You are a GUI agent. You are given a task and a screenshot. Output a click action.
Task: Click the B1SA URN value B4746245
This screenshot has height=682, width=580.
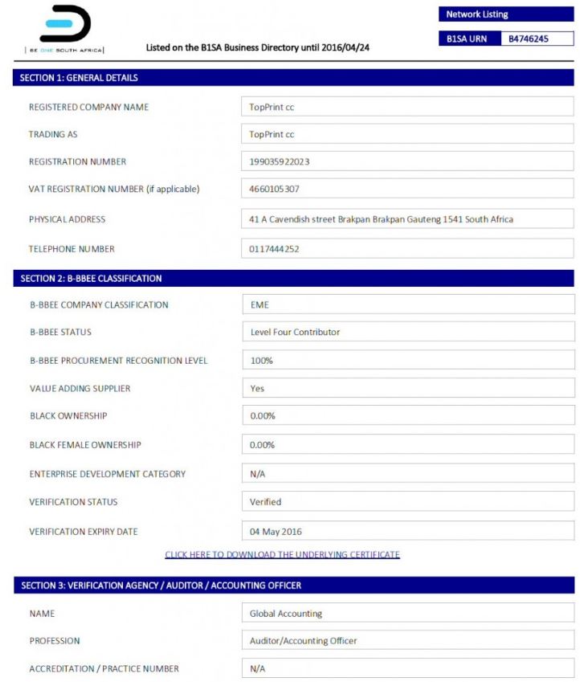tap(529, 39)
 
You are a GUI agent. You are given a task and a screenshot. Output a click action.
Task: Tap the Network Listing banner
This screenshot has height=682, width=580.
tap(506, 14)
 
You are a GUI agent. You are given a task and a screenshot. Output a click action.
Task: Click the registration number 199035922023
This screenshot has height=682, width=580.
tap(280, 161)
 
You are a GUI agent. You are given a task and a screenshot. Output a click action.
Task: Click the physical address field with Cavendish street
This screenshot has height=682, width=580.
tap(381, 219)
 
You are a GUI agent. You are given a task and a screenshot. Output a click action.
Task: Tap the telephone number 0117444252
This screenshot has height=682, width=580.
tap(274, 249)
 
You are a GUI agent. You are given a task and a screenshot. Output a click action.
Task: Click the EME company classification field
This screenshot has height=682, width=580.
tap(259, 305)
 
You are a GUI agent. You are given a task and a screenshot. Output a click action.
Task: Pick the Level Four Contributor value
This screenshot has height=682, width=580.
tap(295, 333)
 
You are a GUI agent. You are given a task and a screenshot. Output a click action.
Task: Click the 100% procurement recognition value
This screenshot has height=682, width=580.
tap(261, 361)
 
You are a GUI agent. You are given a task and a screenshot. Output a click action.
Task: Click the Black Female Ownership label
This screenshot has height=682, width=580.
tap(84, 445)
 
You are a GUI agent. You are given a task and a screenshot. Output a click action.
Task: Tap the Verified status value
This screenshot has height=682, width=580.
tap(265, 502)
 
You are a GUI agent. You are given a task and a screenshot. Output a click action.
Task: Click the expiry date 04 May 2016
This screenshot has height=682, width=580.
tap(276, 532)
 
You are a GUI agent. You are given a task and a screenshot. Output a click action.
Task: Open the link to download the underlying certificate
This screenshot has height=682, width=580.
tap(282, 555)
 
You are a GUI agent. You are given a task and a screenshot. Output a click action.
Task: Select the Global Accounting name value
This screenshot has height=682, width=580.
tap(285, 614)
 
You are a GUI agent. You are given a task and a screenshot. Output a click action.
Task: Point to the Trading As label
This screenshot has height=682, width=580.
tap(53, 134)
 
